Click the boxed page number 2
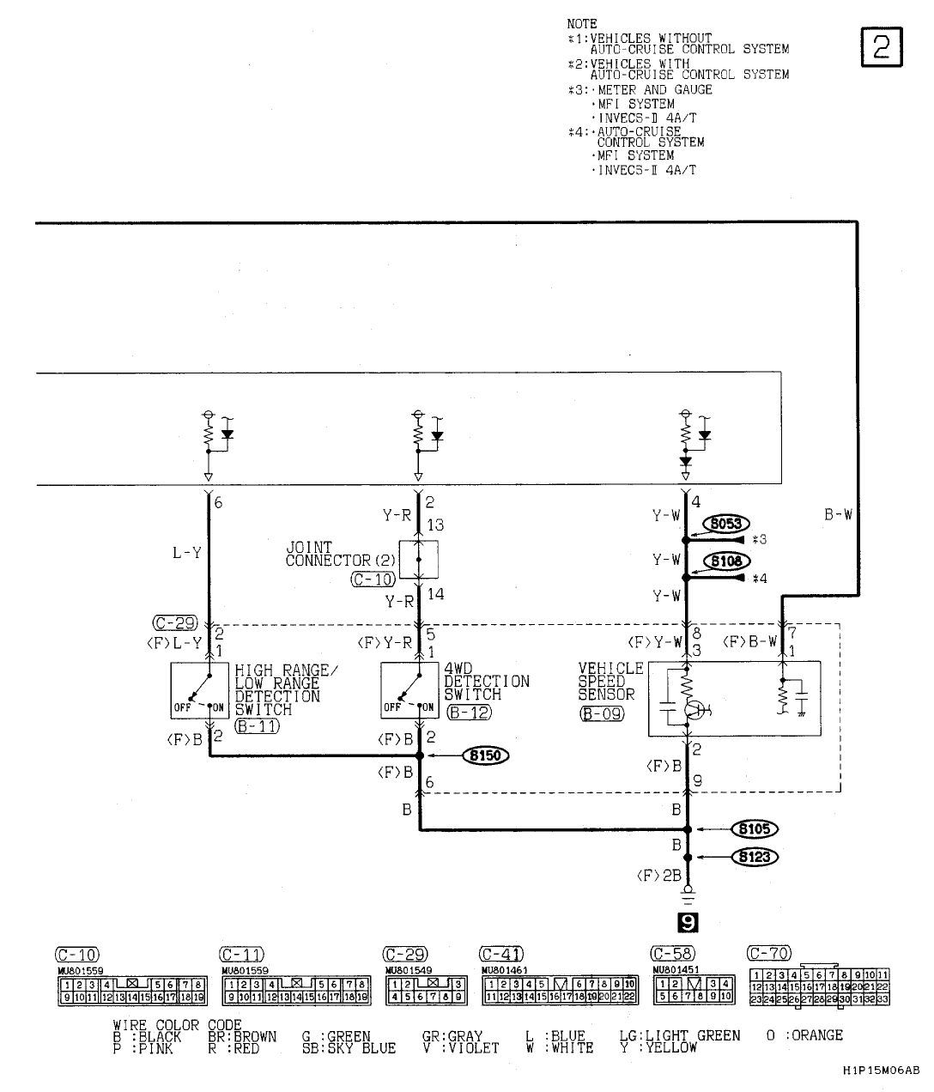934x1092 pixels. pos(881,47)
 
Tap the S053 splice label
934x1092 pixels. pos(726,525)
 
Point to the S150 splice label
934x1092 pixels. pos(485,755)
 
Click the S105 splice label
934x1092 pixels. pos(754,829)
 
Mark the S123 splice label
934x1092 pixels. pos(754,856)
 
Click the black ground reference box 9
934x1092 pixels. pos(687,923)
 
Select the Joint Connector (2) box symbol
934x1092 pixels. pos(419,559)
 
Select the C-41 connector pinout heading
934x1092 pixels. pos(502,955)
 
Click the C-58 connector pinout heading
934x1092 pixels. pos(673,955)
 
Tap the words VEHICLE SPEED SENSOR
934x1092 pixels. pos(610,681)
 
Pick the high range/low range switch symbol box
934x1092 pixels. pos(199,689)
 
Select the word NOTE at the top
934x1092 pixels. pos(582,24)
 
